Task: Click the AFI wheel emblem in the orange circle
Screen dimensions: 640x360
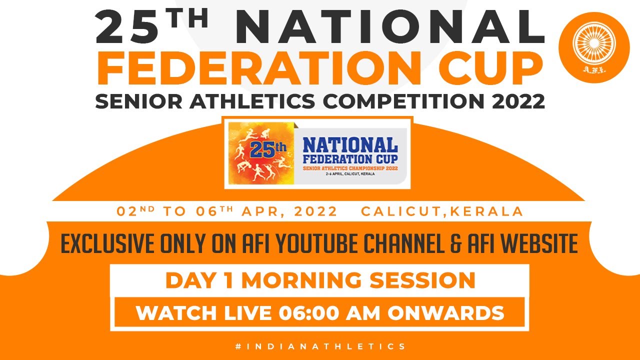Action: coord(594,43)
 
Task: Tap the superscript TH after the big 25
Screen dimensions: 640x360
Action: coord(187,18)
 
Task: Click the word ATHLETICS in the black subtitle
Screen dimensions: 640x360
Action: coord(252,101)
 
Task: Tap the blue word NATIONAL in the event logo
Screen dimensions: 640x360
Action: coord(350,145)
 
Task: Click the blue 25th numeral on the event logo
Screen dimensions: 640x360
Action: coord(267,149)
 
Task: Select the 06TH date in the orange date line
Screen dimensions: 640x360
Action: coord(214,211)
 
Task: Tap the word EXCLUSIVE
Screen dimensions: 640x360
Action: coord(107,243)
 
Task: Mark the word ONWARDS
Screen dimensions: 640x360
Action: coord(445,313)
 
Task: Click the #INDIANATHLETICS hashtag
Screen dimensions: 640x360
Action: coord(320,346)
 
